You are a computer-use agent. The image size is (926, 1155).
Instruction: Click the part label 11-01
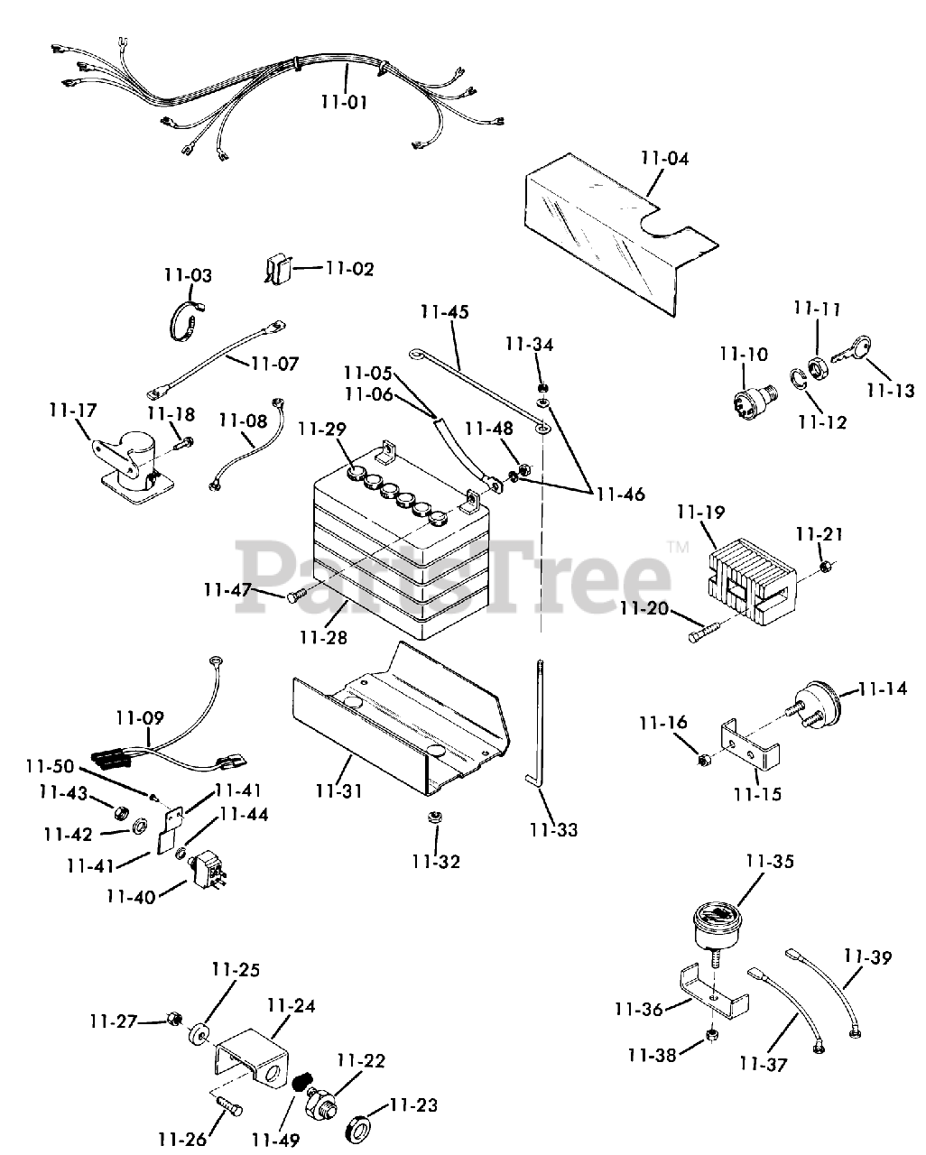[x=344, y=101]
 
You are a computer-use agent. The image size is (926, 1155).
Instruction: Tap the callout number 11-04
[x=664, y=159]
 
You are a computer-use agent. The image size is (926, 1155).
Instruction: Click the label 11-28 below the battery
[x=323, y=638]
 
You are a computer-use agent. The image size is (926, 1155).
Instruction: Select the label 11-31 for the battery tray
[x=339, y=791]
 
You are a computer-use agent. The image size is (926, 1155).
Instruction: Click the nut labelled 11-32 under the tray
[x=434, y=818]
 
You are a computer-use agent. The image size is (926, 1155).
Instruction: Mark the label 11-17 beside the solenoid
[x=72, y=411]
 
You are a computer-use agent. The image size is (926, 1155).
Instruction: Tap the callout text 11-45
[x=444, y=312]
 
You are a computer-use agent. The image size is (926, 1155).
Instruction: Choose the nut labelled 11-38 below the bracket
[x=710, y=1033]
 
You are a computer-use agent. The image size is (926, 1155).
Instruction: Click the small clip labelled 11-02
[x=278, y=268]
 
